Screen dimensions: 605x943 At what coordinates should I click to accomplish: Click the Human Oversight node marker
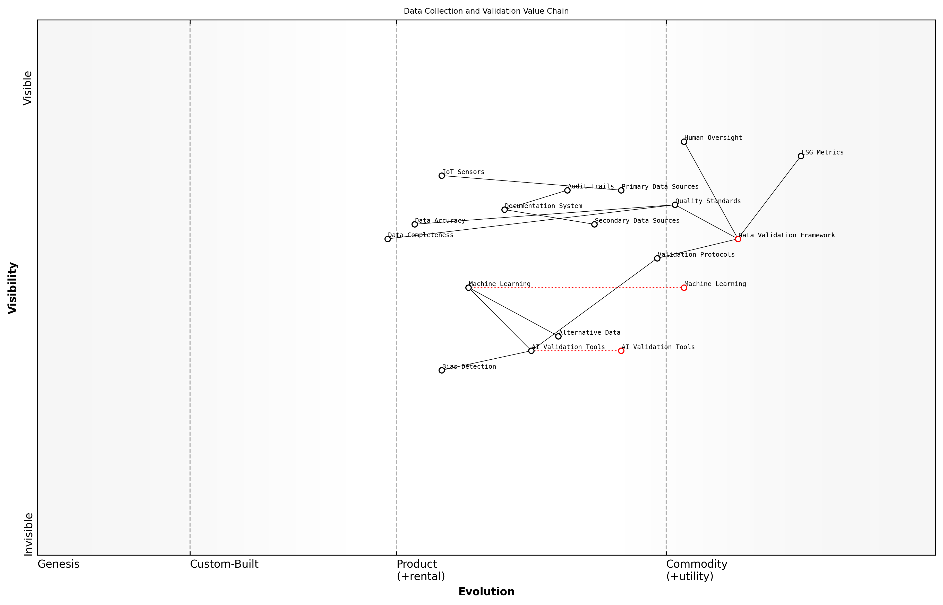(x=684, y=142)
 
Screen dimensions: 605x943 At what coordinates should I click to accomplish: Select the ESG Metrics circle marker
(x=801, y=156)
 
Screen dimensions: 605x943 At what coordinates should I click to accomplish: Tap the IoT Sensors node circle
(x=442, y=176)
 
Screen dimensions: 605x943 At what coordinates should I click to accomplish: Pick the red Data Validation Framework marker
(x=738, y=239)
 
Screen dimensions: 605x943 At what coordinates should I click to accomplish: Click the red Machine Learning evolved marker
(x=684, y=288)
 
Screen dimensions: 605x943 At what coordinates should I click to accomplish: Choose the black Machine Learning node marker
(x=468, y=288)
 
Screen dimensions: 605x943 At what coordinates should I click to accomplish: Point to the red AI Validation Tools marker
(x=621, y=351)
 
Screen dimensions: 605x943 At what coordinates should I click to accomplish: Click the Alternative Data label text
(x=589, y=333)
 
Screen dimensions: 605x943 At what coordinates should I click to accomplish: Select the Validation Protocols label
(x=696, y=255)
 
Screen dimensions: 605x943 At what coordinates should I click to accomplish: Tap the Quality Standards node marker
(x=675, y=205)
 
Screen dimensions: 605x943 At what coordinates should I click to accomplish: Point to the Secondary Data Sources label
(x=637, y=221)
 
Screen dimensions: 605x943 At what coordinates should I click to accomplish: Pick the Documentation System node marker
(x=504, y=210)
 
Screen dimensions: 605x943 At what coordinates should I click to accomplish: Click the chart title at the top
(x=486, y=11)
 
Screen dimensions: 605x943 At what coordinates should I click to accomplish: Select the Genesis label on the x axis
(x=58, y=564)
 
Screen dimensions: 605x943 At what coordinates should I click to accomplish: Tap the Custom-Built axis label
(x=224, y=564)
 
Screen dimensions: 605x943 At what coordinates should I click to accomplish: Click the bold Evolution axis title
(x=486, y=592)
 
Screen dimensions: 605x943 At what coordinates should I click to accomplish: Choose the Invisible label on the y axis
(x=28, y=534)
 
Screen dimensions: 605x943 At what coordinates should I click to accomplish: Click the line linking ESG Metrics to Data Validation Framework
(x=769, y=198)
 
